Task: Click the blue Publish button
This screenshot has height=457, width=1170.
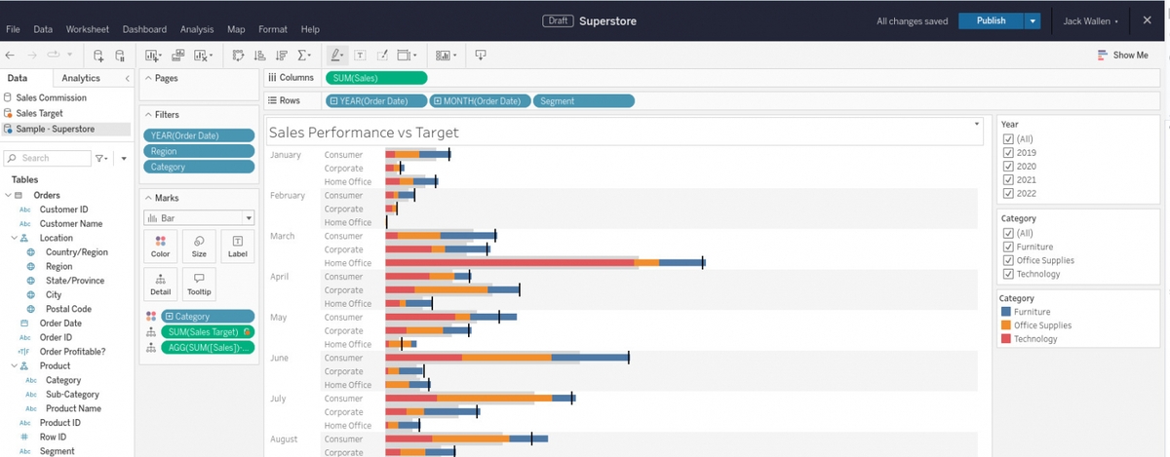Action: click(991, 21)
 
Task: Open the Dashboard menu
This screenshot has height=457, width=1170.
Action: click(144, 29)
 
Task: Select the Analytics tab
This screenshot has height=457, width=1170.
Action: click(81, 78)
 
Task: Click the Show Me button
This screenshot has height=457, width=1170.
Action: click(1122, 56)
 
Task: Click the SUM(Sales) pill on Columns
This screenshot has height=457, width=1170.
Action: click(375, 78)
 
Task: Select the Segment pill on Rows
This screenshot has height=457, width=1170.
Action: click(584, 101)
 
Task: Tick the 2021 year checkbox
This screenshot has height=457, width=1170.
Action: click(1009, 180)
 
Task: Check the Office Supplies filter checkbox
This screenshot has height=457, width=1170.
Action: click(1009, 260)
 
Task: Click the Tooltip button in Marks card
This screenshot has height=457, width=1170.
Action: click(199, 284)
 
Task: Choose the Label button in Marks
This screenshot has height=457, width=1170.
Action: click(237, 246)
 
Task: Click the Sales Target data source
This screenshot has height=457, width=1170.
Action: click(39, 113)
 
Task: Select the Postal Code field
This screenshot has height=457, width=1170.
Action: click(68, 309)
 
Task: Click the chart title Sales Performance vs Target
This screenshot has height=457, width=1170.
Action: click(364, 133)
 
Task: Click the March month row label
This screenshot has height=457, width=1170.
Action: click(282, 236)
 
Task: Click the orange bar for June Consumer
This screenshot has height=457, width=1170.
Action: click(506, 359)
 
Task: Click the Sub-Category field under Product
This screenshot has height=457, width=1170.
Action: click(72, 395)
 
